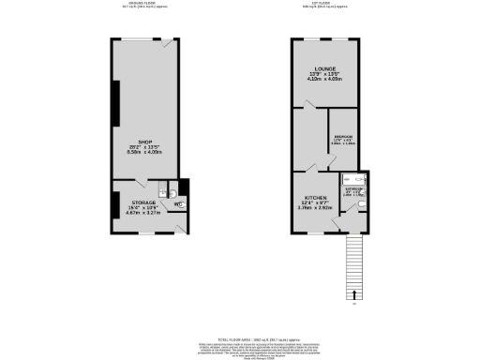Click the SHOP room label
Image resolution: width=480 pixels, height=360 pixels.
(x=145, y=142)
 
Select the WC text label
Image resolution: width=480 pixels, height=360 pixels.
(x=177, y=202)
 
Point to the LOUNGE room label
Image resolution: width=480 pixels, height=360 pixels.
(x=325, y=70)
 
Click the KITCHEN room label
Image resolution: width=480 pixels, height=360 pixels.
(x=315, y=196)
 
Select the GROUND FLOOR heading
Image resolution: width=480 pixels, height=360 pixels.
(x=145, y=5)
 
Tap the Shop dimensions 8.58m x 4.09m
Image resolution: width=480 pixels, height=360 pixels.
(x=145, y=153)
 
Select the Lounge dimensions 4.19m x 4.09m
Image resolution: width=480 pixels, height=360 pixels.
(x=325, y=82)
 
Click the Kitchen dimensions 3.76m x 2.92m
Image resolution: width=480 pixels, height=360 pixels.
(x=315, y=207)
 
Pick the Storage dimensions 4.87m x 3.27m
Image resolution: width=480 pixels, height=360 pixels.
(x=143, y=213)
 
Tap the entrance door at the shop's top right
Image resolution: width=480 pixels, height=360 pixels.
(x=166, y=43)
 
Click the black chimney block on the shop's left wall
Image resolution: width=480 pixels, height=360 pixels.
(x=116, y=103)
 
